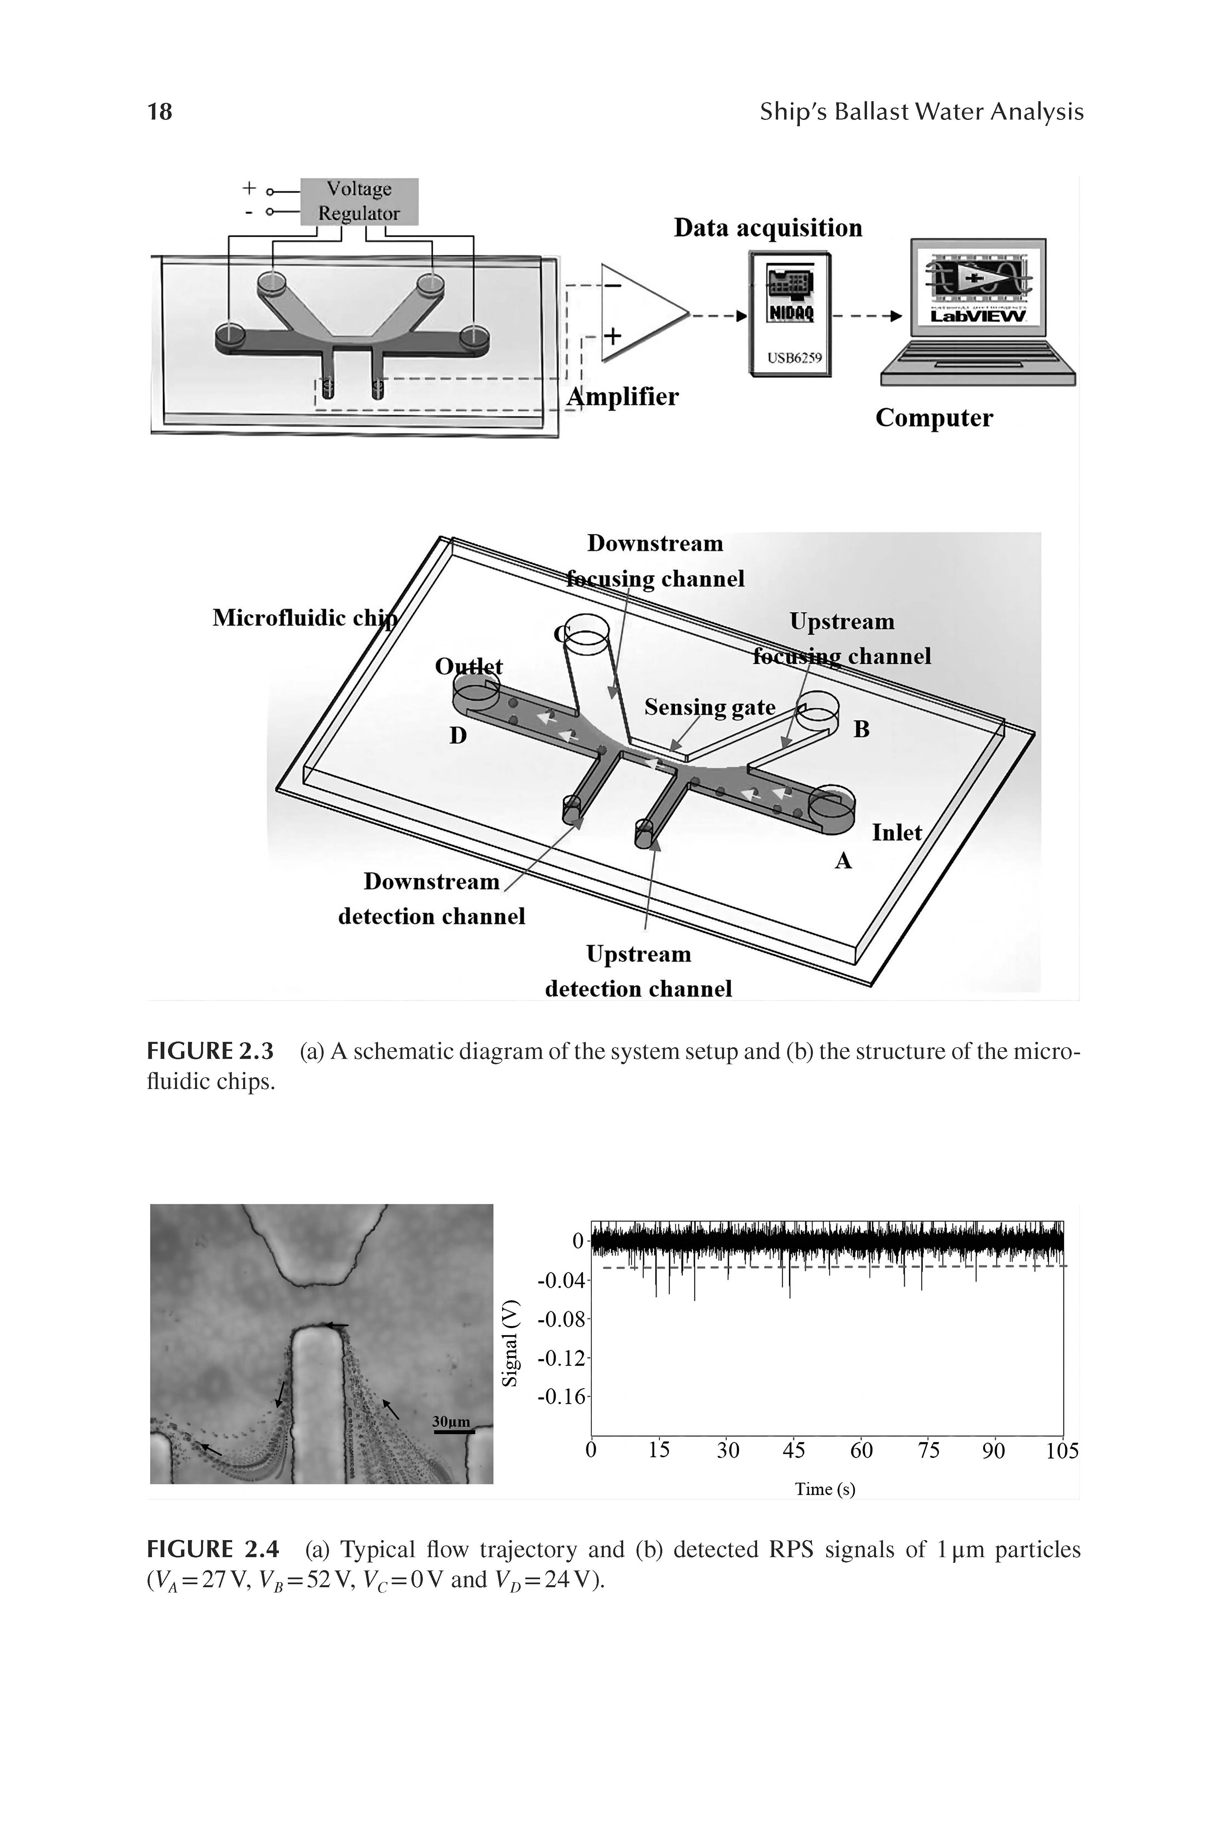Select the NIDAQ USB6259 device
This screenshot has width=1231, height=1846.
(790, 314)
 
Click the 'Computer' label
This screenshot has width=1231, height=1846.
(933, 417)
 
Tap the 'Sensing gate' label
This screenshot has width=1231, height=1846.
(710, 707)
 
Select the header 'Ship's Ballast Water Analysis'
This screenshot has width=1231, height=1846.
(921, 112)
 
